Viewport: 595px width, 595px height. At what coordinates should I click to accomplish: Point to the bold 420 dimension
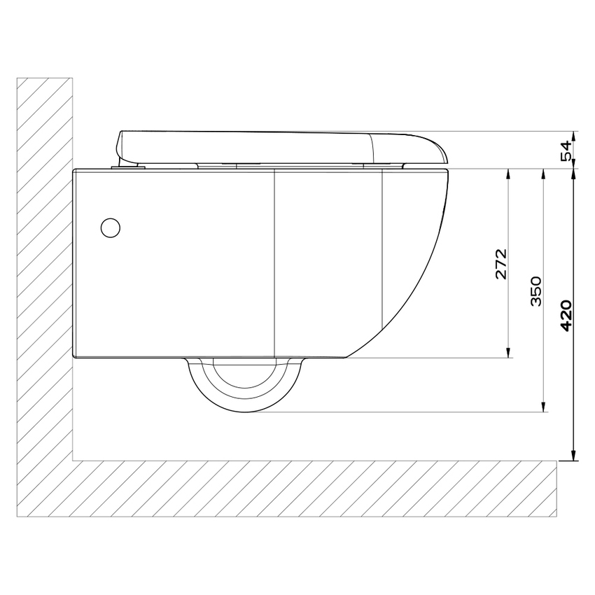pos(567,315)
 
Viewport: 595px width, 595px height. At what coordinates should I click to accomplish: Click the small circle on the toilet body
pos(111,227)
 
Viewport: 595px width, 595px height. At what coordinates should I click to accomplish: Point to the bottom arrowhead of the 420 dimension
pos(574,456)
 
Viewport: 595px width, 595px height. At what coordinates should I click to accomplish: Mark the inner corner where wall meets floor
pos(73,460)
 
